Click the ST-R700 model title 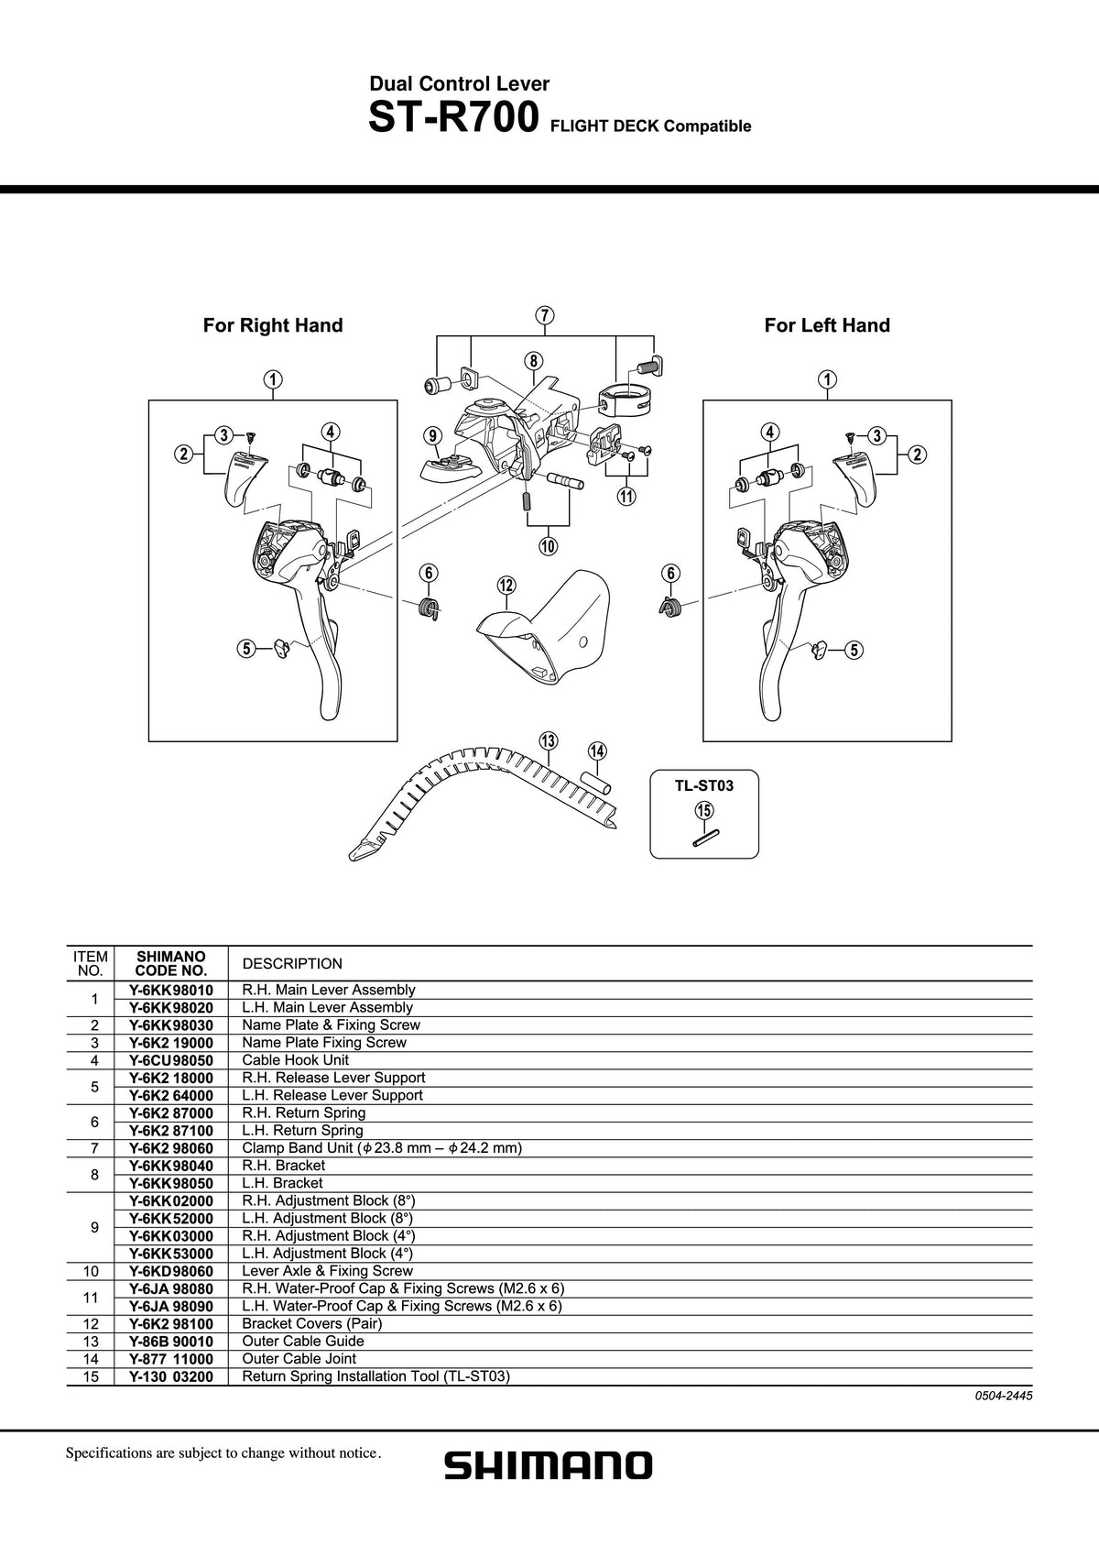click(453, 117)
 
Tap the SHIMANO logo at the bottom click(549, 1465)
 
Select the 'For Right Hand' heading click(273, 325)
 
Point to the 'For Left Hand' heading click(827, 325)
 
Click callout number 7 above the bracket click(545, 315)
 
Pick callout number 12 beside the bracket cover click(506, 585)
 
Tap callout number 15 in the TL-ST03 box click(704, 811)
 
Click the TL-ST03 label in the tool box click(704, 785)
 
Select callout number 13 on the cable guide click(549, 740)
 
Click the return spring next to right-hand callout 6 click(430, 608)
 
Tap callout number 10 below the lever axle click(548, 546)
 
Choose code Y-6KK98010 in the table click(170, 990)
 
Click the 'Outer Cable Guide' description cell click(303, 1341)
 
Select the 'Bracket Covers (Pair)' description click(311, 1323)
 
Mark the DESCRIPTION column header click(292, 963)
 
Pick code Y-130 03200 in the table click(170, 1376)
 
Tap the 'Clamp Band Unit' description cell click(382, 1147)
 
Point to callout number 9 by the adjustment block click(432, 435)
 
